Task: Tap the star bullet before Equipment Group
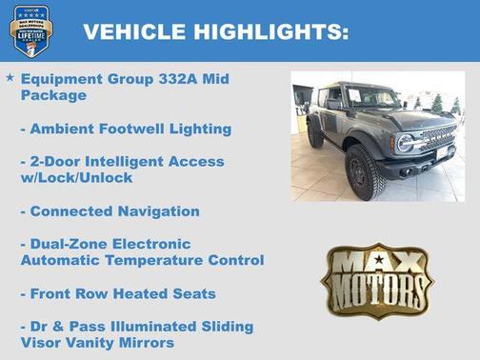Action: [x=10, y=76]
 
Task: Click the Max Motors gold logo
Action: [x=375, y=279]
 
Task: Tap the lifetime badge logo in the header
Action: [x=30, y=30]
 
